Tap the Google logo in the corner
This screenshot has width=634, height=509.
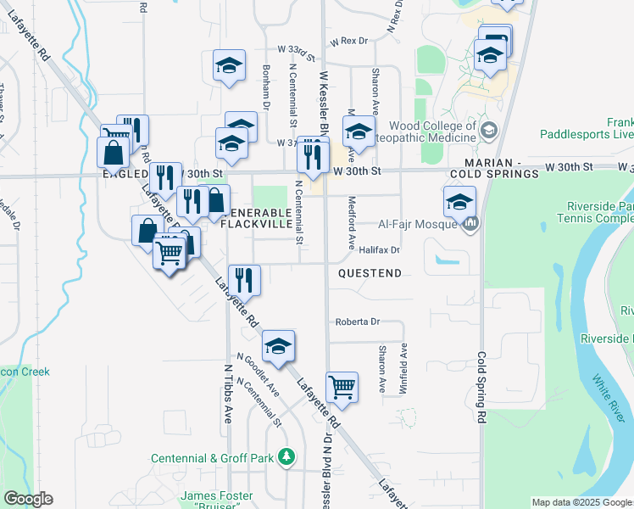pyautogui.click(x=28, y=499)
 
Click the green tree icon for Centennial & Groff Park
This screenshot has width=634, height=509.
pyautogui.click(x=287, y=457)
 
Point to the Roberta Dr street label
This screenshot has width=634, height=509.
pyautogui.click(x=357, y=322)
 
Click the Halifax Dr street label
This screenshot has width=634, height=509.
pyautogui.click(x=378, y=250)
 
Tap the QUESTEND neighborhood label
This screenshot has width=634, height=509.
pyautogui.click(x=369, y=273)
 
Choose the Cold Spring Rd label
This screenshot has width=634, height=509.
pyautogui.click(x=482, y=387)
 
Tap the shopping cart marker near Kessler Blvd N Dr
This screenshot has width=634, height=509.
pyautogui.click(x=342, y=386)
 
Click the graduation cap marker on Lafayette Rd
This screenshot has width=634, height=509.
pyautogui.click(x=278, y=346)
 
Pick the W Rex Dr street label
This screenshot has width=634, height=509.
pyautogui.click(x=350, y=41)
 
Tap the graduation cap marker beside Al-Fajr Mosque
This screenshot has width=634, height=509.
pyautogui.click(x=459, y=203)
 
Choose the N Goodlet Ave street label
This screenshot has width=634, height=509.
pyautogui.click(x=259, y=375)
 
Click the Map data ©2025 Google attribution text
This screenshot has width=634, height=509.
pyautogui.click(x=581, y=502)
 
